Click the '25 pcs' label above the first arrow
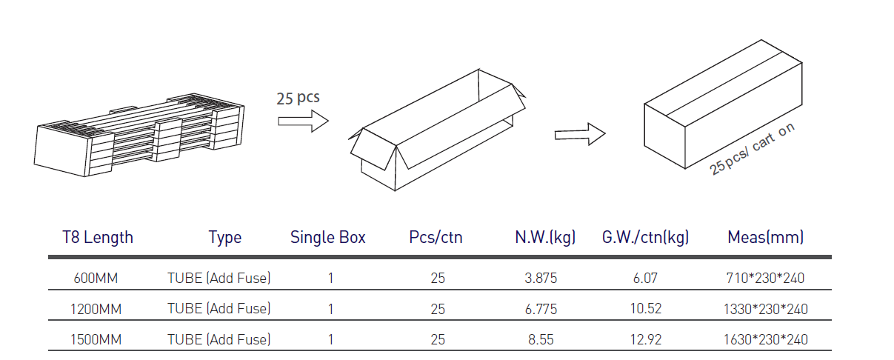tap(298, 98)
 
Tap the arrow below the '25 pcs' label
tap(304, 121)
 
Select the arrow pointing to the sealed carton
tap(580, 135)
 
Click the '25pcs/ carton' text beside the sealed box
tap(752, 149)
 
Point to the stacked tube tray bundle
tap(139, 135)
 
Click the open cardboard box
tap(437, 130)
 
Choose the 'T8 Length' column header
tap(97, 238)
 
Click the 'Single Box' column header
tap(327, 238)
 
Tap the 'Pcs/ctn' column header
tap(436, 238)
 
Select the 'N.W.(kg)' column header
tap(545, 238)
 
